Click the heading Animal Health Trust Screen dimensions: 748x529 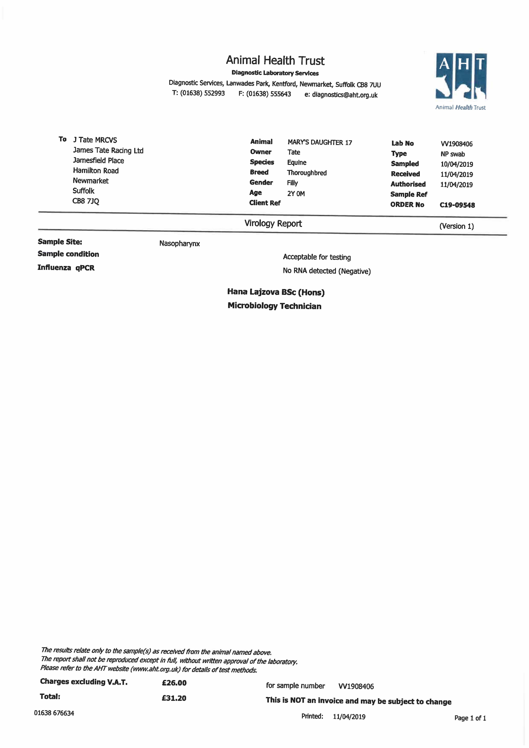pyautogui.click(x=275, y=61)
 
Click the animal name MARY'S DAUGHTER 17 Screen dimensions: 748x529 pyautogui.click(x=320, y=142)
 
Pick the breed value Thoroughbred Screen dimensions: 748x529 pyautogui.click(x=306, y=173)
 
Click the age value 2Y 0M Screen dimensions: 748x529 pyautogui.click(x=296, y=194)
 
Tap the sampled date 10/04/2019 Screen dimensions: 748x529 pyautogui.click(x=456, y=164)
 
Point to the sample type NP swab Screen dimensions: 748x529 pyautogui.click(x=452, y=154)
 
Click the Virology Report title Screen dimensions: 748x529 pyautogui.click(x=273, y=224)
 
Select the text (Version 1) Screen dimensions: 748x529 pyautogui.click(x=456, y=226)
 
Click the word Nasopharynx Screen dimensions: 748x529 pyautogui.click(x=179, y=243)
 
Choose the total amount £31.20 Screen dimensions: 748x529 pyautogui.click(x=174, y=698)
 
